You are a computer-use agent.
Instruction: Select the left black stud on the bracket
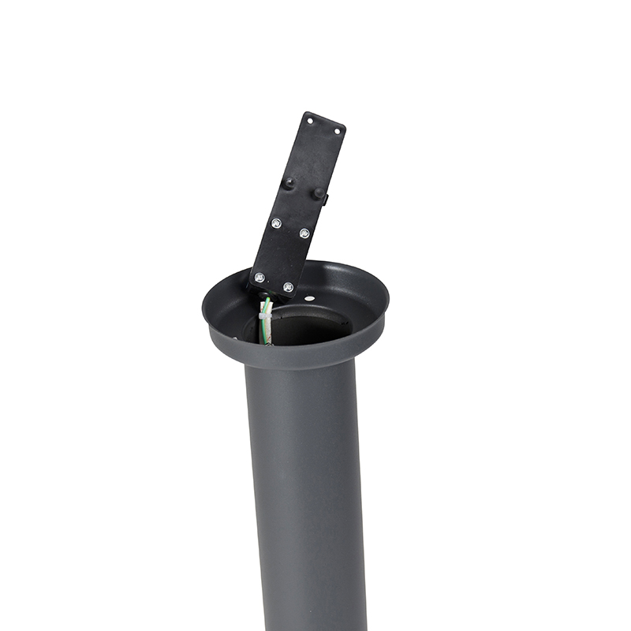(x=289, y=182)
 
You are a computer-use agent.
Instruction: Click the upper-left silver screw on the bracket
(x=276, y=223)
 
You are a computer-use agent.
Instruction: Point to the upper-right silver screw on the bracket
(x=304, y=233)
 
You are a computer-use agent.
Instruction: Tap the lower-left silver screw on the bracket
(x=259, y=278)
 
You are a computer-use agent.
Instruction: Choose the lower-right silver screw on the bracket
(x=288, y=286)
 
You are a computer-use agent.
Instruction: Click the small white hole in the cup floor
(x=309, y=299)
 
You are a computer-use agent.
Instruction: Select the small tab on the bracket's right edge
(x=326, y=200)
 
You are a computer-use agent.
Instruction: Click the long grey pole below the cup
(x=308, y=489)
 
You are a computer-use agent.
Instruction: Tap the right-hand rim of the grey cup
(x=383, y=304)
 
